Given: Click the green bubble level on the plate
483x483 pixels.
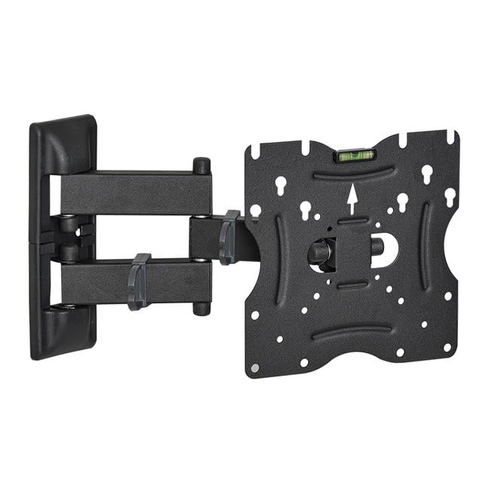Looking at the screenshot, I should (x=355, y=156).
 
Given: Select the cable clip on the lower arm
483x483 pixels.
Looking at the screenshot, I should (x=138, y=281).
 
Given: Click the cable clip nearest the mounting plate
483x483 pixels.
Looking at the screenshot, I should (x=228, y=237).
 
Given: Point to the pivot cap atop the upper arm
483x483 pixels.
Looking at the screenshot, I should (x=202, y=165).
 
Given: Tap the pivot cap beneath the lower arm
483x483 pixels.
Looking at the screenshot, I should (x=201, y=308).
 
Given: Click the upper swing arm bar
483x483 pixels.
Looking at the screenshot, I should (x=136, y=193).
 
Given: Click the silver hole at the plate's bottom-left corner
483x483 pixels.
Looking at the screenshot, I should (x=255, y=367).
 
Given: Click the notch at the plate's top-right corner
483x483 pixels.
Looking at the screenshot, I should (x=451, y=137).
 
